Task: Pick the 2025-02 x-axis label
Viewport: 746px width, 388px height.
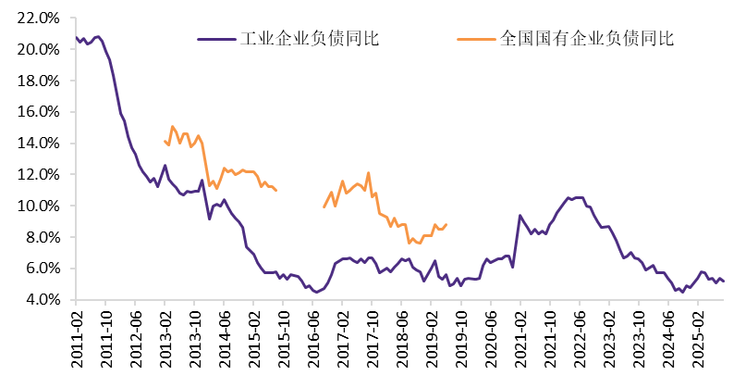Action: pyautogui.click(x=698, y=335)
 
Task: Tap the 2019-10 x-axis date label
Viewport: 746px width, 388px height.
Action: pyautogui.click(x=461, y=335)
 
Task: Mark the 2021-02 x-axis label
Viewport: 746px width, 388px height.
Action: pyautogui.click(x=520, y=335)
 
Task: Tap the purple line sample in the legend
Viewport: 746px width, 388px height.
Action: pyautogui.click(x=217, y=40)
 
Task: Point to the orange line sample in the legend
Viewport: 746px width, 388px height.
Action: pyautogui.click(x=478, y=40)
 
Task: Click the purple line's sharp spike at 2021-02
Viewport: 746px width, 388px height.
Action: pyautogui.click(x=520, y=216)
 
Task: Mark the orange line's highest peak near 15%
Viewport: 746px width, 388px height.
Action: pyautogui.click(x=172, y=127)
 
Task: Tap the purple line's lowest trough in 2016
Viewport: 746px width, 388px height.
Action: pyautogui.click(x=316, y=293)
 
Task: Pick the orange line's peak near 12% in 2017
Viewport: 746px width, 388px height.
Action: pyautogui.click(x=368, y=172)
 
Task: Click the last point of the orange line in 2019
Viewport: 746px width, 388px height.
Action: pyautogui.click(x=446, y=224)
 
